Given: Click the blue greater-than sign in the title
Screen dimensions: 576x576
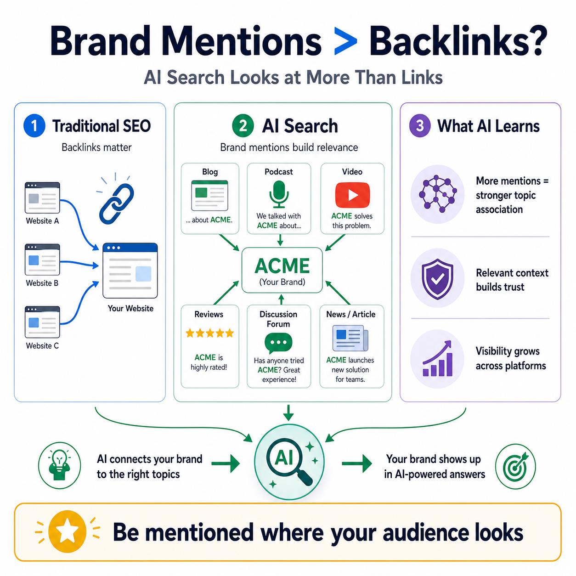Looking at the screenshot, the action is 345,41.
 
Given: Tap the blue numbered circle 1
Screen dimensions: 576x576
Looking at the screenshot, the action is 34,126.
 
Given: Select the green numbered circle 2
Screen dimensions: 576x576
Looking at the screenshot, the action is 243,126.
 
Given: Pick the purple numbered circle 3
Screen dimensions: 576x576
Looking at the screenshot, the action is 420,126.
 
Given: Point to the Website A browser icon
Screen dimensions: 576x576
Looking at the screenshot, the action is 42,198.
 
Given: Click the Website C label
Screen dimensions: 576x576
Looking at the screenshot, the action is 42,345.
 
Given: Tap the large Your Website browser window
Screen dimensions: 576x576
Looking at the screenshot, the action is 130,271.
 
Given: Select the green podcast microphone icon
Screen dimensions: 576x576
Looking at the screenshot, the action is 279,194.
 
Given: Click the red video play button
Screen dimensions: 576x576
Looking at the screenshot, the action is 352,195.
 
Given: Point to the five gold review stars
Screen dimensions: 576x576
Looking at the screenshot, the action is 209,333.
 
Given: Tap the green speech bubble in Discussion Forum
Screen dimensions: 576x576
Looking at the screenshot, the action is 278,343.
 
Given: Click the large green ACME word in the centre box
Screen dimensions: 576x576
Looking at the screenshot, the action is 282,265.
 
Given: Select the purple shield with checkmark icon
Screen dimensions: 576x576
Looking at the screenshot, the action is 437,279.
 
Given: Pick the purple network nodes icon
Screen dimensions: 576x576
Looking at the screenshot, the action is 438,194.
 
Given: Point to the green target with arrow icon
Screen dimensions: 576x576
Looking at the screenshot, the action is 515,466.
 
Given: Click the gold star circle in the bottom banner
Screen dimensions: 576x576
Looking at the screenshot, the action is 67,531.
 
